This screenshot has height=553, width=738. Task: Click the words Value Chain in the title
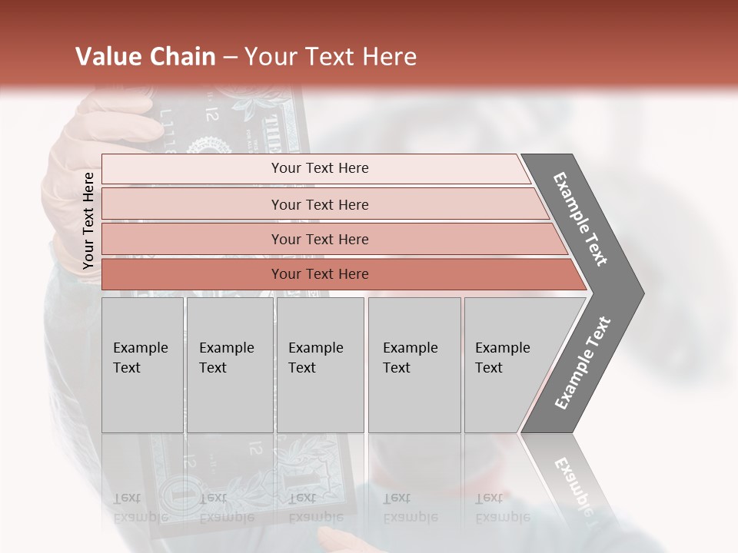coord(145,57)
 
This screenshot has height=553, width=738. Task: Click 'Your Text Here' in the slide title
coord(331,57)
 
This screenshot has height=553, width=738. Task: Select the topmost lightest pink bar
coord(315,168)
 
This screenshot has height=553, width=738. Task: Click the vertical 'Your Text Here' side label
coord(88,221)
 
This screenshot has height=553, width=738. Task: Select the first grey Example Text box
coord(142,365)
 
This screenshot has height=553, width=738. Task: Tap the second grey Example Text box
coord(229,365)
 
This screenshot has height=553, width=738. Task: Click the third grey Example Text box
coord(320,365)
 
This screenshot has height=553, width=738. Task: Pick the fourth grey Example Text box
coord(414,365)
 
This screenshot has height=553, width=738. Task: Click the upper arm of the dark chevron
coord(580,219)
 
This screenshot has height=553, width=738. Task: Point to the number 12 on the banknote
coord(213,116)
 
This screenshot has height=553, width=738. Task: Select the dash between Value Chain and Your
coord(230,57)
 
